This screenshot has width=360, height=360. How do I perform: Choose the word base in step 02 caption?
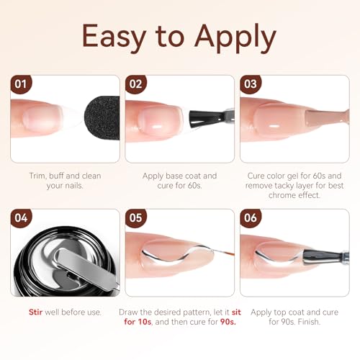[174, 176]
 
